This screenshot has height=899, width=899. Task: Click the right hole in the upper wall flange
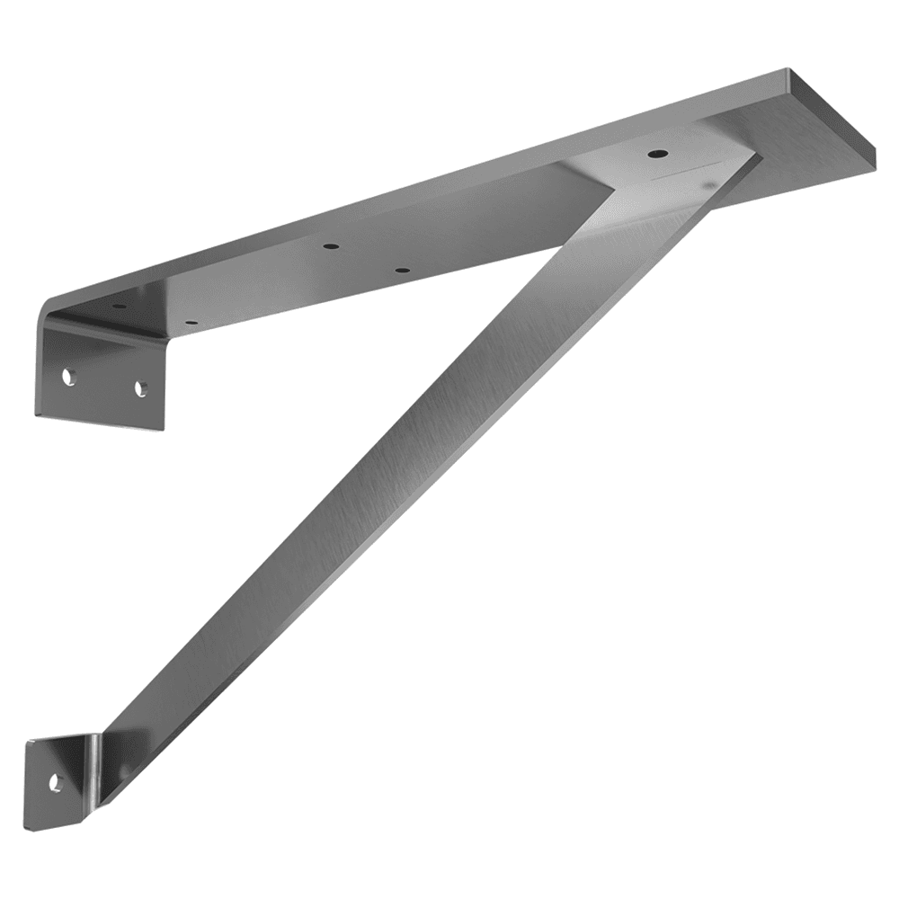[x=140, y=388]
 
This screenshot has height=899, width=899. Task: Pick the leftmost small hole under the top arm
[x=119, y=307]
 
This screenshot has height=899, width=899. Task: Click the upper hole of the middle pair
[x=332, y=245]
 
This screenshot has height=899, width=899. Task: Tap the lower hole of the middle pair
[x=402, y=270]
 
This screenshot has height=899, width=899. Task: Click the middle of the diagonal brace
[x=405, y=467]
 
